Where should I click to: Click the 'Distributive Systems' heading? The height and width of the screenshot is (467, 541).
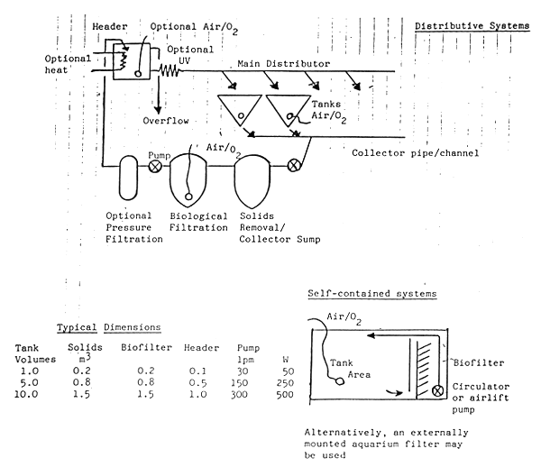[472, 26]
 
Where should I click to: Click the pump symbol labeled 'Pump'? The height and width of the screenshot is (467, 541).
[154, 166]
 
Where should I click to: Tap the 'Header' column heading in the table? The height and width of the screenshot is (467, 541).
[196, 347]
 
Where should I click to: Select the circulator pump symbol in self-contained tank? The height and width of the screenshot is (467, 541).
[438, 392]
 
